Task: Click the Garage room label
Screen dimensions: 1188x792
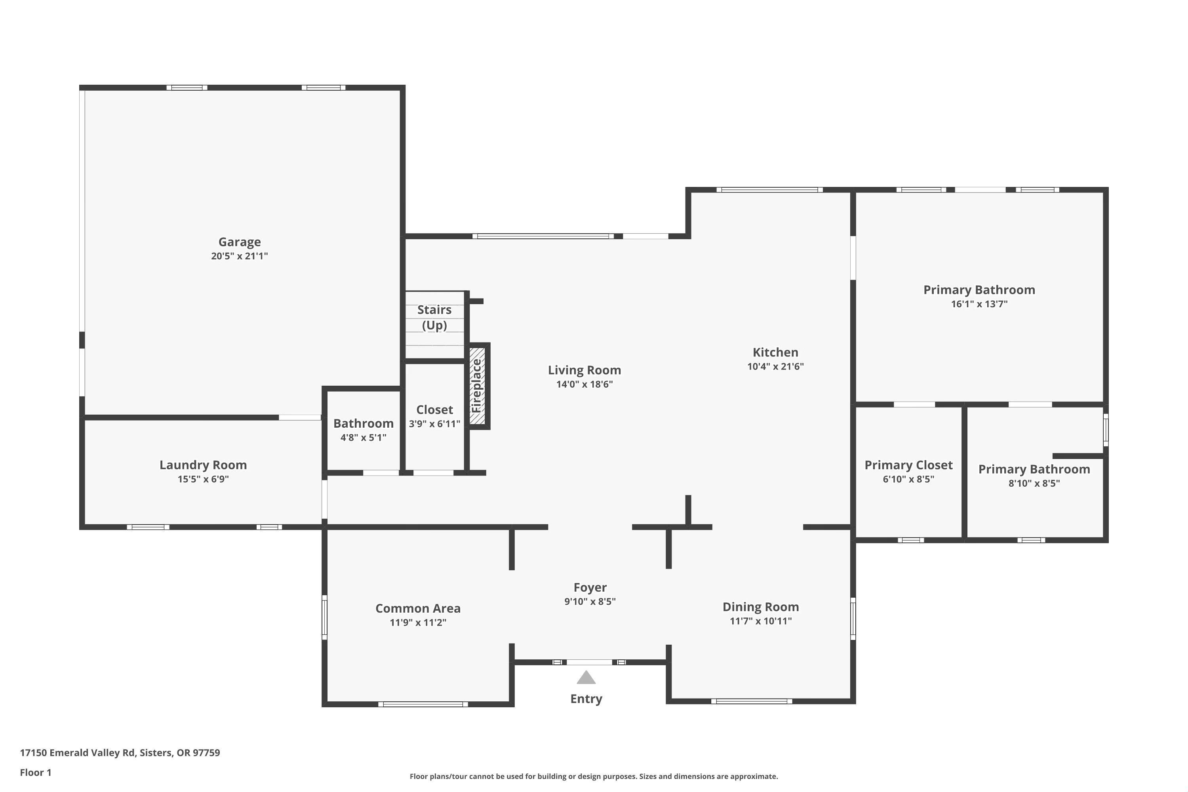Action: [x=240, y=242]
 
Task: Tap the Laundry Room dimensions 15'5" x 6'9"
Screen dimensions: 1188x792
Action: [x=203, y=479]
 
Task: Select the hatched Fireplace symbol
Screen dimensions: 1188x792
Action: [x=477, y=386]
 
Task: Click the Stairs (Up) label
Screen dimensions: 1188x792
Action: [x=434, y=317]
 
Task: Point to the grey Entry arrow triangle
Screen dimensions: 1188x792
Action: [x=586, y=677]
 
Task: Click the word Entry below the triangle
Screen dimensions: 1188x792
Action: [x=586, y=699]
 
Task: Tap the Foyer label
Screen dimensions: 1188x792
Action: [x=590, y=587]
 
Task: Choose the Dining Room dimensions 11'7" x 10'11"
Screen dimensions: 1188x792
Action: [x=761, y=621]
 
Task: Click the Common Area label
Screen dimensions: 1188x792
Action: [x=418, y=608]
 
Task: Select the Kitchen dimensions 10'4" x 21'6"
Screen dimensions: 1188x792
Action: [x=775, y=366]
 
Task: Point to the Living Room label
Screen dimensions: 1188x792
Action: [x=584, y=370]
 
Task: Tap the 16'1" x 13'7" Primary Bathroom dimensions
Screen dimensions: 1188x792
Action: [x=979, y=304]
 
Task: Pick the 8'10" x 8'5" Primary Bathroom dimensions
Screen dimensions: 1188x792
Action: [x=1034, y=484]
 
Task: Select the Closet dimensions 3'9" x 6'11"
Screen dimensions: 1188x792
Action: [x=434, y=424]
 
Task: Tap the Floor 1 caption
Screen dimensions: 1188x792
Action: [x=35, y=772]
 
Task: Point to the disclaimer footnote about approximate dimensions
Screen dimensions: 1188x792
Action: [x=594, y=776]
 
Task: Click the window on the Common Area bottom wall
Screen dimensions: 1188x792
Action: [x=423, y=704]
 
